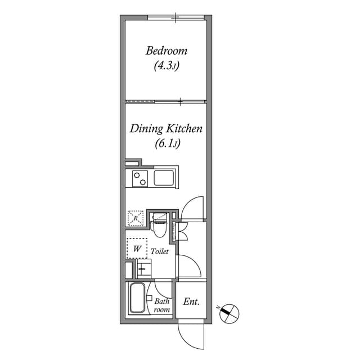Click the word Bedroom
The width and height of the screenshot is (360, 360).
tap(166, 51)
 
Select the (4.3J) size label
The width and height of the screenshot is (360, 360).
tap(166, 66)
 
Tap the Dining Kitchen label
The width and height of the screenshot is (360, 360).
tap(166, 129)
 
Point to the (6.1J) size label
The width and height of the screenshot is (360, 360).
tap(167, 144)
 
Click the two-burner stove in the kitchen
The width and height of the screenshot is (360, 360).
tap(139, 179)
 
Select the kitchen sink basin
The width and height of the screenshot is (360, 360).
tap(164, 179)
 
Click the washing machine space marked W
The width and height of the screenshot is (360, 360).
tap(137, 248)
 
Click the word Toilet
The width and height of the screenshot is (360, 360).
tap(160, 252)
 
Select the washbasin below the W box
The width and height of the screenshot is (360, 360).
tap(143, 269)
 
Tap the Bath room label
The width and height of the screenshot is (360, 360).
tap(162, 305)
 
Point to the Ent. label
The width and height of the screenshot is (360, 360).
tap(191, 302)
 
